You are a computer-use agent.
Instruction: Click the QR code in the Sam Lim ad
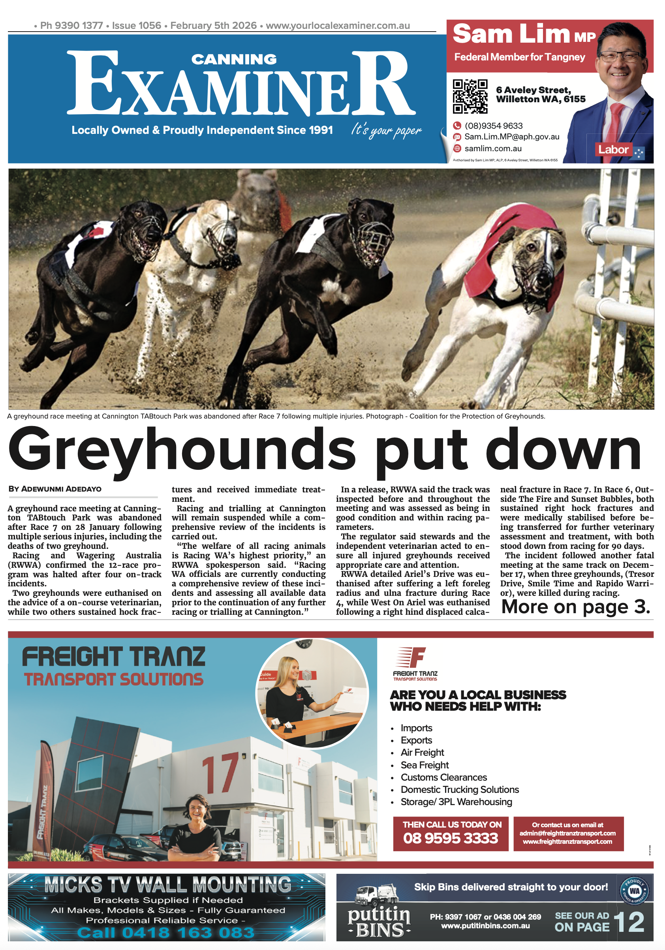[x=470, y=96]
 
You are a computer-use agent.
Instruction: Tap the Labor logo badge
[x=613, y=150]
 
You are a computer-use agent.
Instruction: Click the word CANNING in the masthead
[x=234, y=60]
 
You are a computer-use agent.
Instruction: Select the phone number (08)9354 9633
[x=493, y=126]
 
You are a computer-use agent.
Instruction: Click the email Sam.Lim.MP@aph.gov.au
[x=511, y=137]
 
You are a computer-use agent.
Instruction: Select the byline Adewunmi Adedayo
[x=55, y=489]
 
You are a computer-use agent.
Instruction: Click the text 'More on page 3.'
[x=575, y=607]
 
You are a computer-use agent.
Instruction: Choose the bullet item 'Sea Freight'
[x=424, y=765]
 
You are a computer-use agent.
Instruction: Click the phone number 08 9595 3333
[x=450, y=838]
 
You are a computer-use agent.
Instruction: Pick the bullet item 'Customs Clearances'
[x=443, y=777]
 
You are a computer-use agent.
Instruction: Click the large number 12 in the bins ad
[x=629, y=922]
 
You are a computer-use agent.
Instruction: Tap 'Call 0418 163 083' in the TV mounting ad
[x=165, y=933]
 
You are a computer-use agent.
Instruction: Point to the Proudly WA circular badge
[x=634, y=890]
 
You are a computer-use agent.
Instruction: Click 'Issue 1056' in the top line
[x=136, y=26]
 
